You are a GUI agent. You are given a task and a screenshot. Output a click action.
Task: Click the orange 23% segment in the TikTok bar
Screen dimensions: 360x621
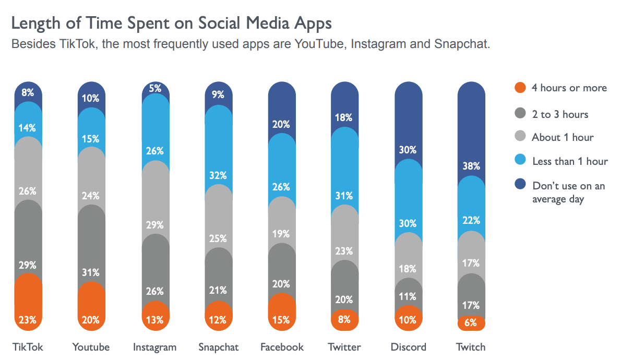[x=28, y=308]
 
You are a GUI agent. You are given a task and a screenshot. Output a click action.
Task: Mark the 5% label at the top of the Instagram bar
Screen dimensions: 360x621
[x=156, y=89]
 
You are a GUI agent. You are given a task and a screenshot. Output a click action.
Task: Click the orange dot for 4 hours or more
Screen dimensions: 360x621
[x=519, y=88]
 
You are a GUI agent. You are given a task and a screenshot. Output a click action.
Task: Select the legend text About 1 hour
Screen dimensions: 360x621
[x=563, y=138]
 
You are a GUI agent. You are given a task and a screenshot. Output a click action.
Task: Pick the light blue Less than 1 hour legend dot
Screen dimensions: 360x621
[x=519, y=161]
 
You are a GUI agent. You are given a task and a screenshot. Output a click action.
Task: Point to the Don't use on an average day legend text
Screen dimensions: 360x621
[x=568, y=192]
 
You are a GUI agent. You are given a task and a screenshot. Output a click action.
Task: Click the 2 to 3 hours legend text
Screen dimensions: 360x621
[x=560, y=114]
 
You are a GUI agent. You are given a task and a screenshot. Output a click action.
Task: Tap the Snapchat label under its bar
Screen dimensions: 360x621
[x=218, y=347]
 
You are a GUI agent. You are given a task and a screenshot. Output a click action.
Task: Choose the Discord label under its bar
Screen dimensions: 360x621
[x=408, y=347]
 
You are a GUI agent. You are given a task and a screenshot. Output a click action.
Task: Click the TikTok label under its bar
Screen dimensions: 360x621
[x=28, y=347]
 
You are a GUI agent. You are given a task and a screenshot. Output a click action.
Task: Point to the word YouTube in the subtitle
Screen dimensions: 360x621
[x=320, y=44]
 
